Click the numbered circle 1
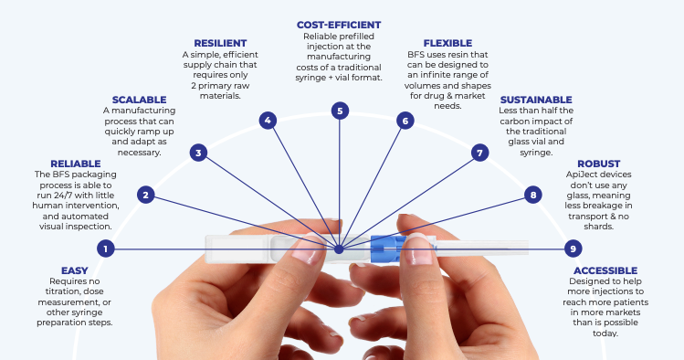coord(107,249)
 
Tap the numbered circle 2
coord(146,195)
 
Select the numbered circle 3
coord(199,153)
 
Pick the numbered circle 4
coord(267,120)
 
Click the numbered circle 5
coord(340,111)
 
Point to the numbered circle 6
coord(405,120)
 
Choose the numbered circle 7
coord(479,153)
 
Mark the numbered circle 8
coord(533,195)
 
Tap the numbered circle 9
coord(573,249)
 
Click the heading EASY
coord(76,271)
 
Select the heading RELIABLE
coord(76,164)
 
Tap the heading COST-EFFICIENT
coord(340,25)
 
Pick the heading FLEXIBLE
coord(447,43)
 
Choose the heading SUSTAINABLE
coord(536,100)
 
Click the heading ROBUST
coord(599,164)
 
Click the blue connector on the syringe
coord(384,248)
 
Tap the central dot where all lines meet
coord(339,248)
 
